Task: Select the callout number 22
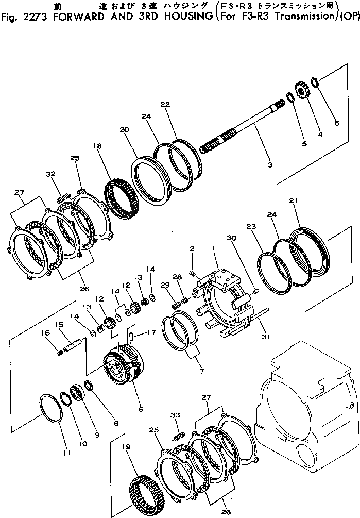coord(165,105)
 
